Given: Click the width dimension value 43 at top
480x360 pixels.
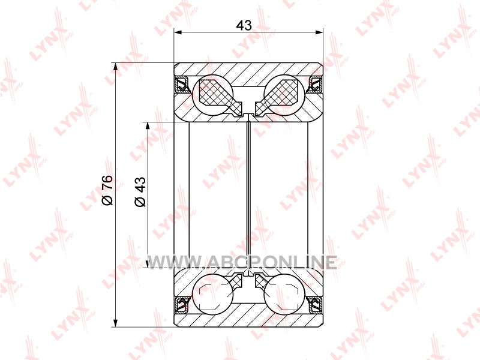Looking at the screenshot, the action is click(x=244, y=25).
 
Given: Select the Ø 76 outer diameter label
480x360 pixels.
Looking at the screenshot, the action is click(x=107, y=190).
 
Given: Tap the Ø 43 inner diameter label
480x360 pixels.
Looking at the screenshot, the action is click(x=140, y=192).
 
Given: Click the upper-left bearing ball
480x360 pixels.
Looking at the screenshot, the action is click(x=212, y=95).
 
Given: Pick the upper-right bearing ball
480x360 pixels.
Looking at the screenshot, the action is click(x=284, y=95).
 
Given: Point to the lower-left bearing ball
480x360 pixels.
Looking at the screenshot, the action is click(x=213, y=295).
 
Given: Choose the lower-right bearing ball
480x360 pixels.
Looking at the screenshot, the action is click(x=284, y=295).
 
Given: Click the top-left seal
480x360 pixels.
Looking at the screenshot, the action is click(x=182, y=85).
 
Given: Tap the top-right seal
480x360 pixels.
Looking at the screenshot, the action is click(x=316, y=85).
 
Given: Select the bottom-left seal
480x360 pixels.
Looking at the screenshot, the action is click(x=182, y=304).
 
